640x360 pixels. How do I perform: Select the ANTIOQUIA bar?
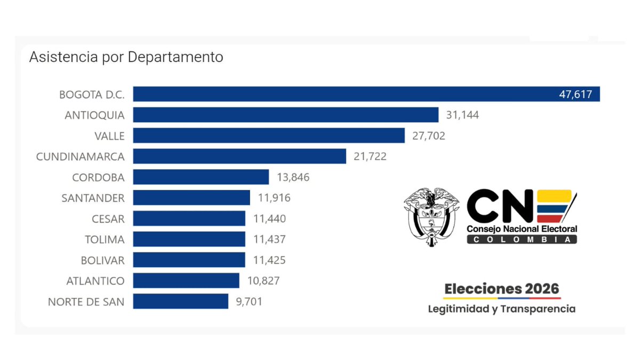coord(285,115)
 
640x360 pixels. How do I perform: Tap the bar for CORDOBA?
coord(201,177)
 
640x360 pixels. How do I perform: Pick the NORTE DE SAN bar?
coord(180,301)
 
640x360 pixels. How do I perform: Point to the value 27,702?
coord(428,136)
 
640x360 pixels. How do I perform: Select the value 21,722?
coord(370,156)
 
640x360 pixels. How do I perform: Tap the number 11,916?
coord(274,198)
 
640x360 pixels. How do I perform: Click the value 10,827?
coord(263,281)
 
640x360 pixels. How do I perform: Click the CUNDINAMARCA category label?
coord(80,156)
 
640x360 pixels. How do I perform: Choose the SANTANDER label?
coord(93,198)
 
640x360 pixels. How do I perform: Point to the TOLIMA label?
coord(105,239)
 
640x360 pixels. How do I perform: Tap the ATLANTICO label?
coord(95,281)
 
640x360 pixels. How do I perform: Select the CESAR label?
coord(108,219)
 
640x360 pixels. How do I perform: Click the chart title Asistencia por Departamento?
coord(126,57)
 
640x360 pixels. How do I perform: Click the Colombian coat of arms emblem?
coord(431,216)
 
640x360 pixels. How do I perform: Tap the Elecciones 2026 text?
coord(502,289)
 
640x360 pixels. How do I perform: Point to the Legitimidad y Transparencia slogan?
coord(501,309)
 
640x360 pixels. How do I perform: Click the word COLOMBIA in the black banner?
coord(522,239)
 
